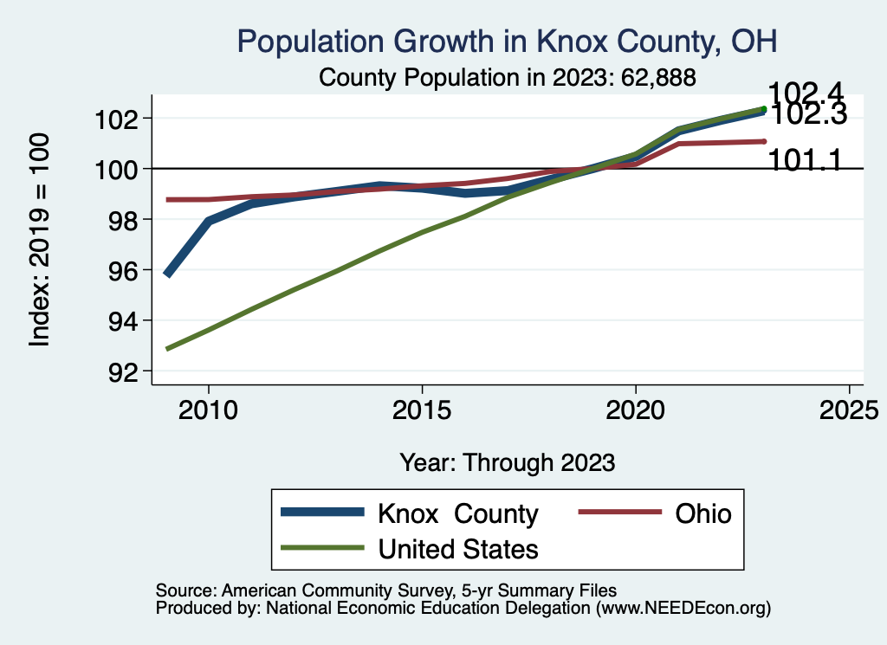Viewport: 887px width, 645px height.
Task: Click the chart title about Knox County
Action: [x=508, y=41]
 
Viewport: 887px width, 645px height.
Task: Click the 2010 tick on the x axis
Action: [x=208, y=409]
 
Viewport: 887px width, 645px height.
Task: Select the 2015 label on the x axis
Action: [x=422, y=409]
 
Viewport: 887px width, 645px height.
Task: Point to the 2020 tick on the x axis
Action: [x=636, y=409]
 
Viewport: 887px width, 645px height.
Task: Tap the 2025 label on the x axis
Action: [x=849, y=409]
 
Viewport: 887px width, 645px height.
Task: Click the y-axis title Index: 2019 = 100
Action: [x=40, y=241]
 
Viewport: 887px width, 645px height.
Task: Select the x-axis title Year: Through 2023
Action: [x=508, y=462]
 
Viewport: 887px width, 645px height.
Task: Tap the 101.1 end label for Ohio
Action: [x=805, y=160]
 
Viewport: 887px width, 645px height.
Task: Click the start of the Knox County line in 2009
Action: [x=167, y=274]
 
